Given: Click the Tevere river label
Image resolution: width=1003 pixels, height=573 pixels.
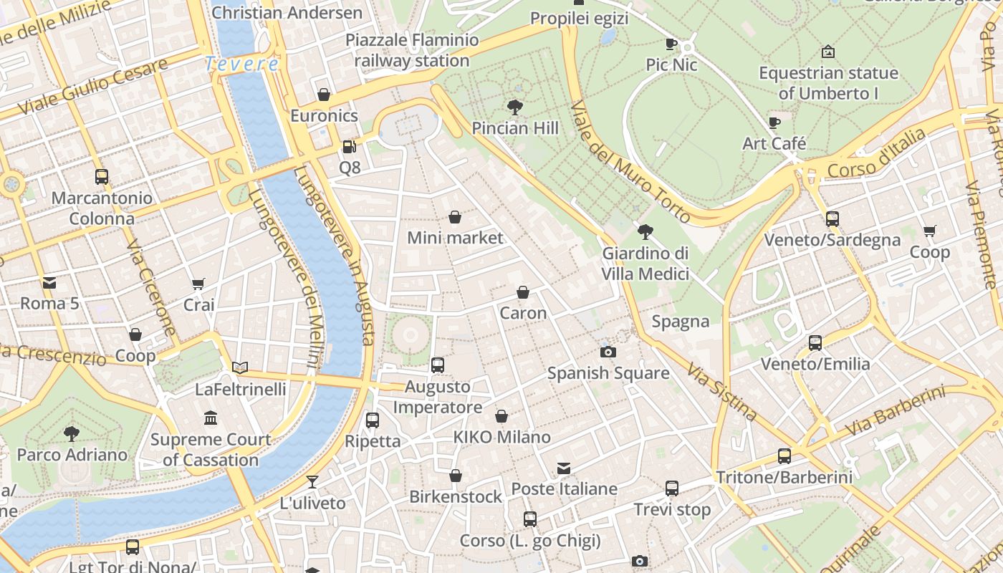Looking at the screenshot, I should point(241,64).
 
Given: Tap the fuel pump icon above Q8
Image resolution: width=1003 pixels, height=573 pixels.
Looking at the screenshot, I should point(350,147).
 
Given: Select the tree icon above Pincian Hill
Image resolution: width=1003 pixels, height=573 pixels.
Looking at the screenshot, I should point(514,107).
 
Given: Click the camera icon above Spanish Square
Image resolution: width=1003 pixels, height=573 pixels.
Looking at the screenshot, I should point(608,352).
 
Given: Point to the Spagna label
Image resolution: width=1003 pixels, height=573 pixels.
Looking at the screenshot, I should point(680,322).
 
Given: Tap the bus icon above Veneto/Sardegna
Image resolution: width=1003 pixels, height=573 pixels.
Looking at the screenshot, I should point(832,218).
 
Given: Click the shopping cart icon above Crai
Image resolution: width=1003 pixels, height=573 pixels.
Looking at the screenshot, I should point(198,284).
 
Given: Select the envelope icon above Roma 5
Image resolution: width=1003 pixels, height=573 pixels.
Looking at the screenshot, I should point(49,282).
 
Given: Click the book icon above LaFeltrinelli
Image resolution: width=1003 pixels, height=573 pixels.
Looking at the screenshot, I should point(240,367).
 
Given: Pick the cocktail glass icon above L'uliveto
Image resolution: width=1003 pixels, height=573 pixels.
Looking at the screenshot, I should point(312,481).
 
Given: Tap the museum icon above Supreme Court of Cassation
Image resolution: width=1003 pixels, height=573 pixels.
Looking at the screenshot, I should point(211,418).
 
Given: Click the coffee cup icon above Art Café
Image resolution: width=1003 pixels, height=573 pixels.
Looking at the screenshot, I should point(774,122).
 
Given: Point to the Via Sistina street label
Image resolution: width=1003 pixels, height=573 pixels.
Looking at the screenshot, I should point(721,391).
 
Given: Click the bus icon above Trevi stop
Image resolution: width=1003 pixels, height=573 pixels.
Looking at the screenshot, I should point(671,488).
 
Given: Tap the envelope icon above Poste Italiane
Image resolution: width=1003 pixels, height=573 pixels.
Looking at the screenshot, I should point(564,468).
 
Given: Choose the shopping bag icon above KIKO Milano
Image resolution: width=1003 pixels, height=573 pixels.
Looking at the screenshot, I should point(501,416).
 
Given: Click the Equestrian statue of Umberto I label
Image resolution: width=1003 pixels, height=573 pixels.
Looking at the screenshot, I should point(827,83).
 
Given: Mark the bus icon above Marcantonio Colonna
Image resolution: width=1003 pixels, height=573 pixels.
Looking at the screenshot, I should point(102,177).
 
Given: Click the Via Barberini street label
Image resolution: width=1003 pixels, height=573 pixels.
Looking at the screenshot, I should point(895,411).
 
